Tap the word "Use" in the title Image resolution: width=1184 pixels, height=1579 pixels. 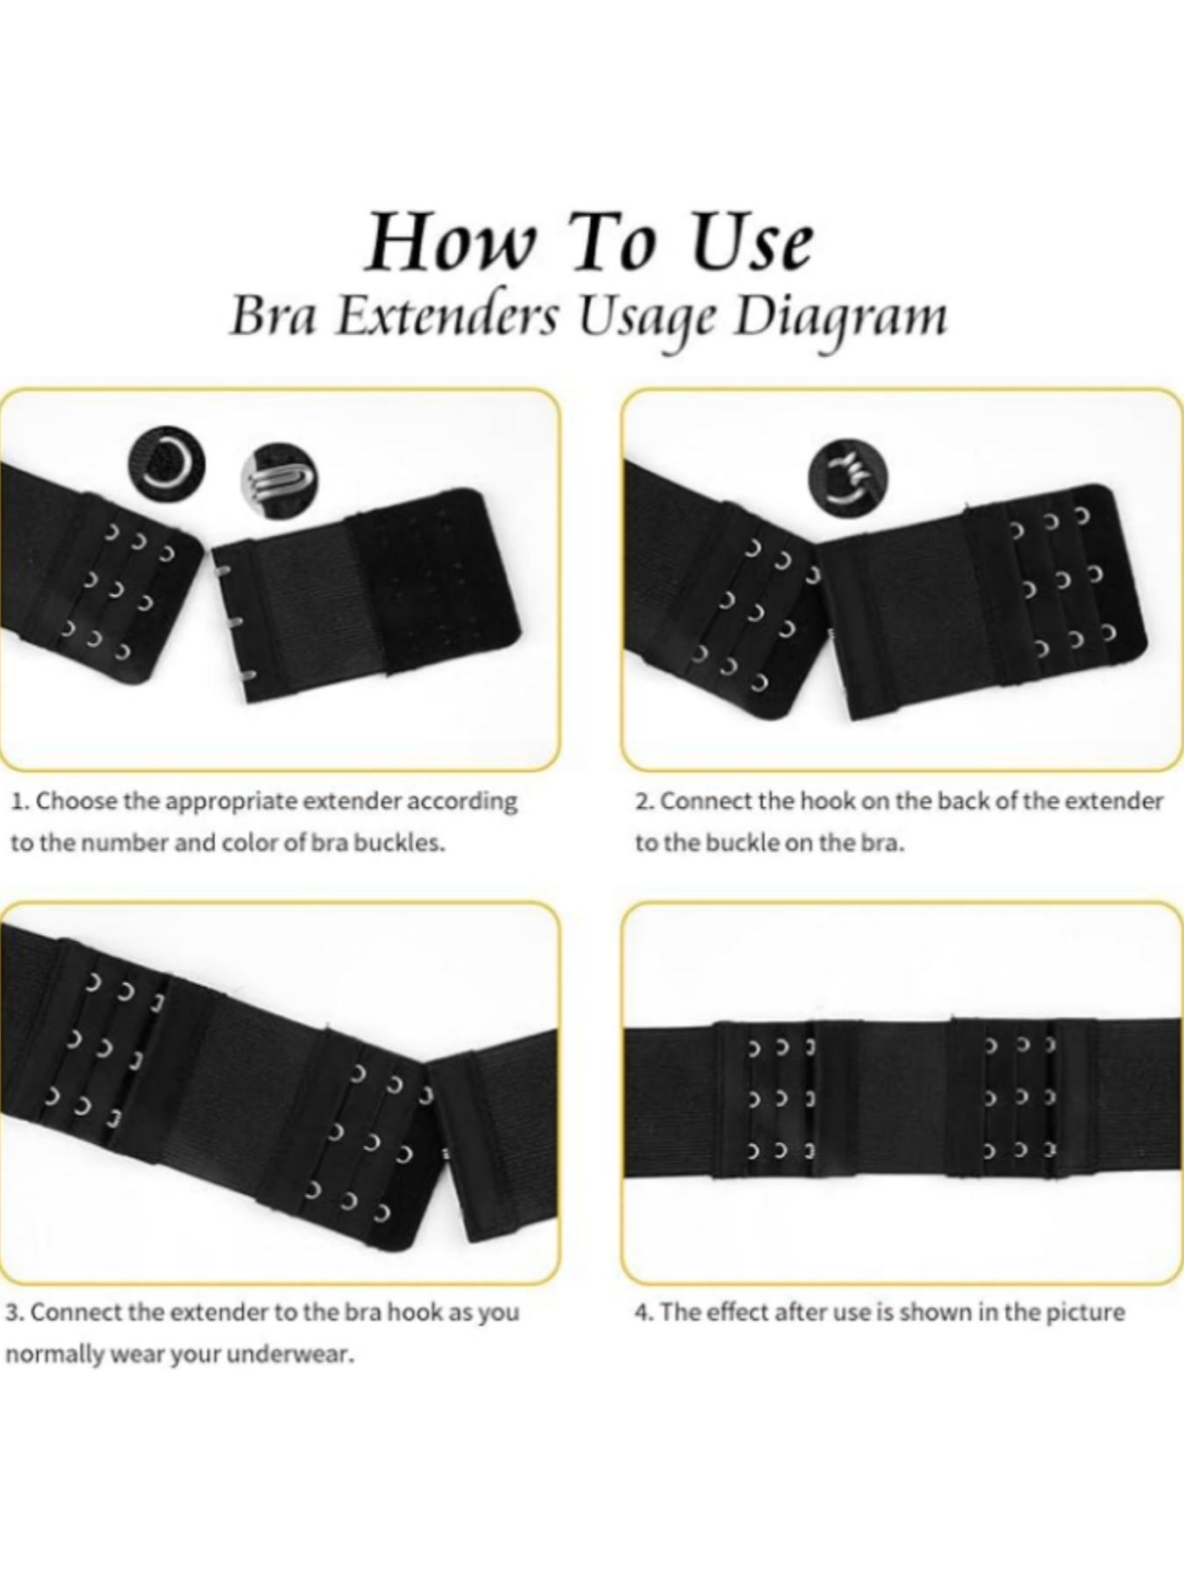(752, 243)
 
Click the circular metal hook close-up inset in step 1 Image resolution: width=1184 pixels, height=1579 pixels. (279, 480)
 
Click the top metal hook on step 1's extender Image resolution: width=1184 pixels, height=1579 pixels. (222, 570)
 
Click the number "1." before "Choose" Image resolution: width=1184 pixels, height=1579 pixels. (21, 801)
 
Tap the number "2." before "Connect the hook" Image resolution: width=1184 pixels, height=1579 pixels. (645, 801)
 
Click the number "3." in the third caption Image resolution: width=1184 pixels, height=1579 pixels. (15, 1313)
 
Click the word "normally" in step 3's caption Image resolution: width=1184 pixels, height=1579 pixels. (42, 1354)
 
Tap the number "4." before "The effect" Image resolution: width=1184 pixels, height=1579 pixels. (645, 1313)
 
